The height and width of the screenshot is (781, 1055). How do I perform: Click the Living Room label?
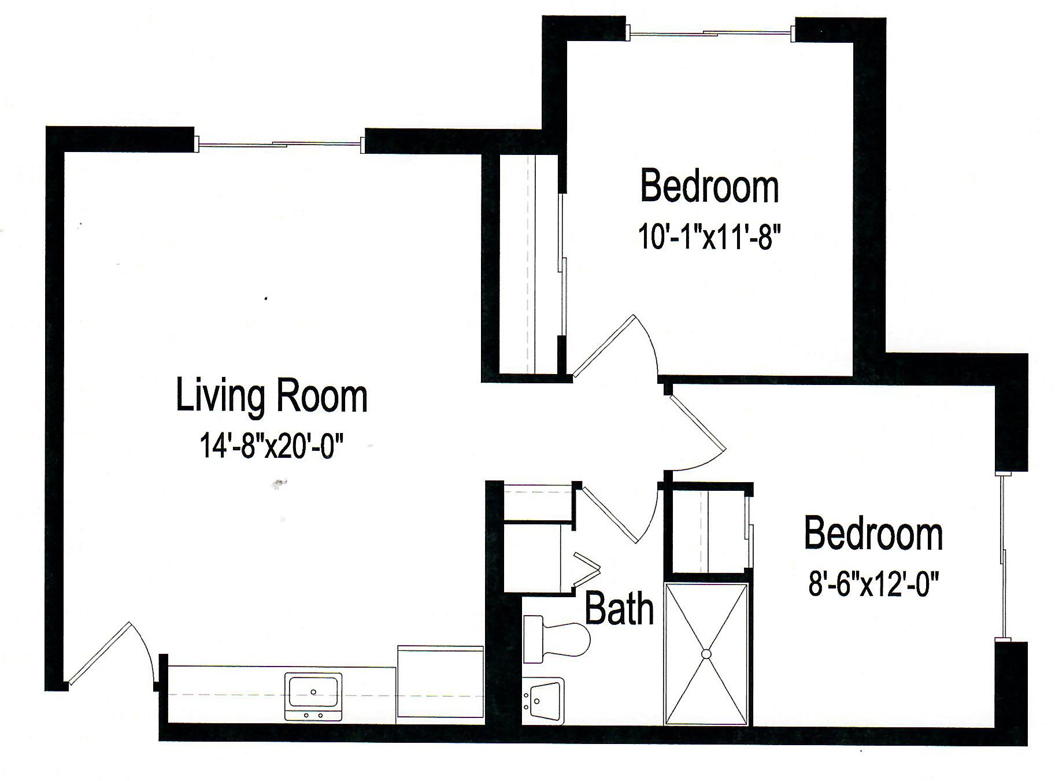[x=271, y=396]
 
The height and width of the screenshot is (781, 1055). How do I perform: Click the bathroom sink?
[x=542, y=700]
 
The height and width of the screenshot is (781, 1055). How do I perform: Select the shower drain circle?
[x=706, y=654]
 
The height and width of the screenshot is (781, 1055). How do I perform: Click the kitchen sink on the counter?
[x=313, y=692]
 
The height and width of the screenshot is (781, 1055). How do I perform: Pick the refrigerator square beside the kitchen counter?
[x=440, y=683]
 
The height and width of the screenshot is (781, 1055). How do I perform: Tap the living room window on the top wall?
[x=280, y=143]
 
